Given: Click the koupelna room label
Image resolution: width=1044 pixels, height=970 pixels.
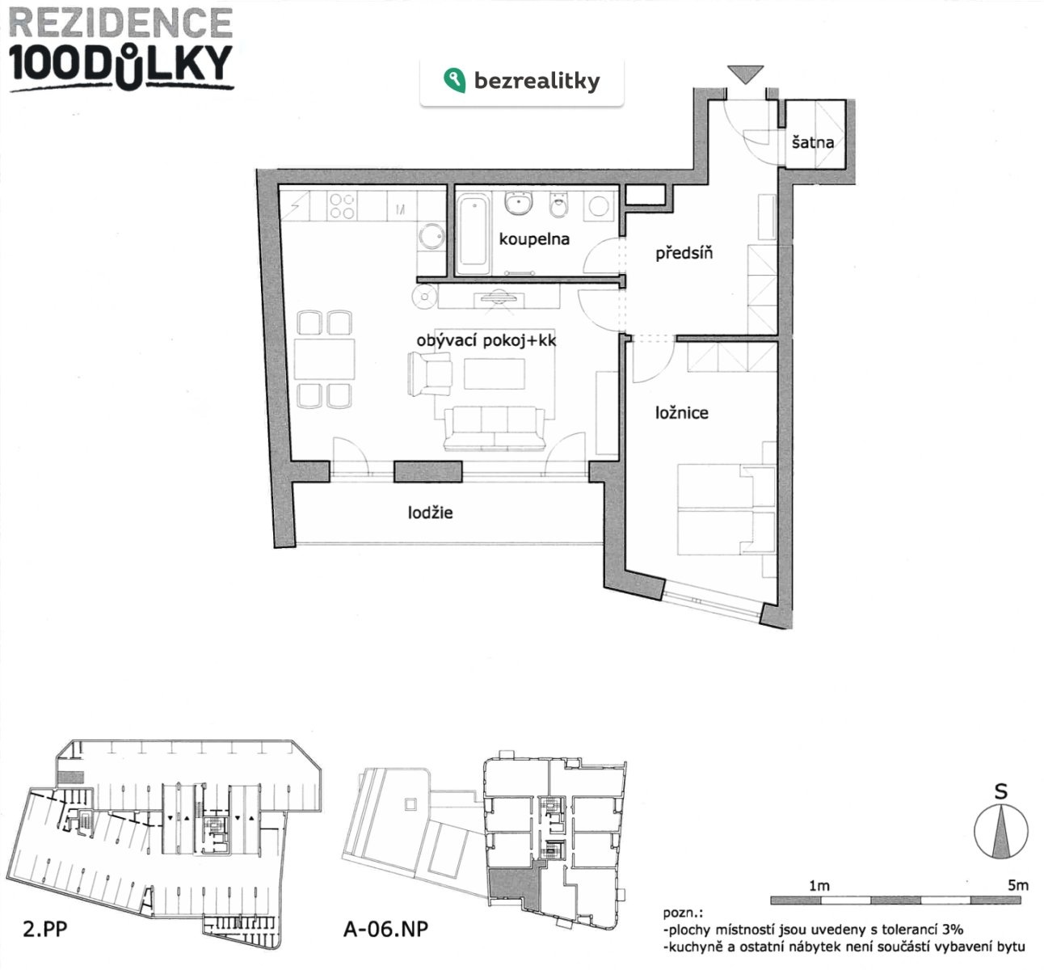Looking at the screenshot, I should [534, 239].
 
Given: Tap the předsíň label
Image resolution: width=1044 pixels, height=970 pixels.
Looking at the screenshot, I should [684, 254].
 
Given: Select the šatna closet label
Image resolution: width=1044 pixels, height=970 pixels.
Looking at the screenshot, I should [813, 143].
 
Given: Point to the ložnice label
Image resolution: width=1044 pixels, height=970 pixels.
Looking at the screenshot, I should [681, 413].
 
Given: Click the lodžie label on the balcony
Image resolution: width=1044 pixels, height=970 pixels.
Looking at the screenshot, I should [430, 512].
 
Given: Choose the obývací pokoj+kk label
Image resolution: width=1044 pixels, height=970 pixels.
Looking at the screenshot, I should [486, 341].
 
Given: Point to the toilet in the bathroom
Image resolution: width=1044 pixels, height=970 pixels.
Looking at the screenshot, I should [558, 208].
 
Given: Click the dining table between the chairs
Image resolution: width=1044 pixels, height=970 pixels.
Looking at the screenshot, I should [325, 360].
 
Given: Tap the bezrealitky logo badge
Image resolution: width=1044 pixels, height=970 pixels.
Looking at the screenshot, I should [522, 81].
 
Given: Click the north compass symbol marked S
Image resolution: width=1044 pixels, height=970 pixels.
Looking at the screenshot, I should [1000, 833].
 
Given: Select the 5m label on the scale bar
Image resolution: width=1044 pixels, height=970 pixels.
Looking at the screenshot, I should [1017, 885].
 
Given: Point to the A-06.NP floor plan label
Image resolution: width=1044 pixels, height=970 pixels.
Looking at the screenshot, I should [385, 929].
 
